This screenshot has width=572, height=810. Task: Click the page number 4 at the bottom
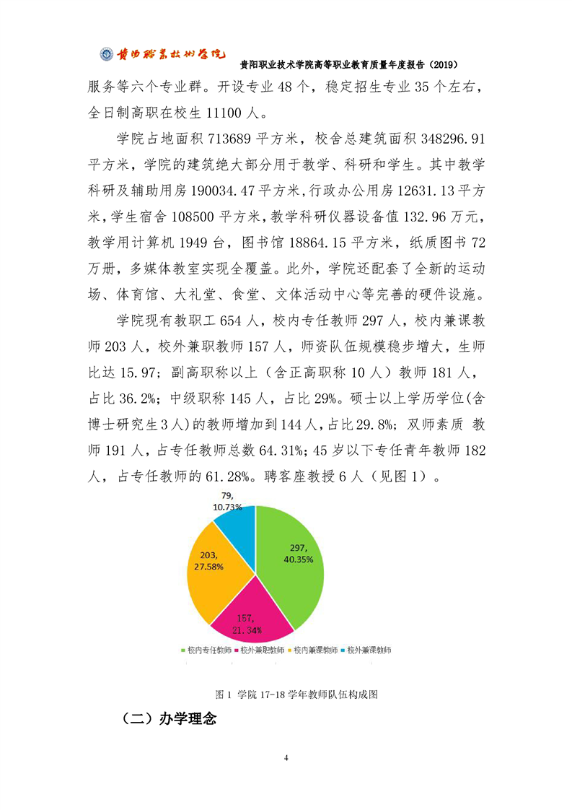point(286,758)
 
